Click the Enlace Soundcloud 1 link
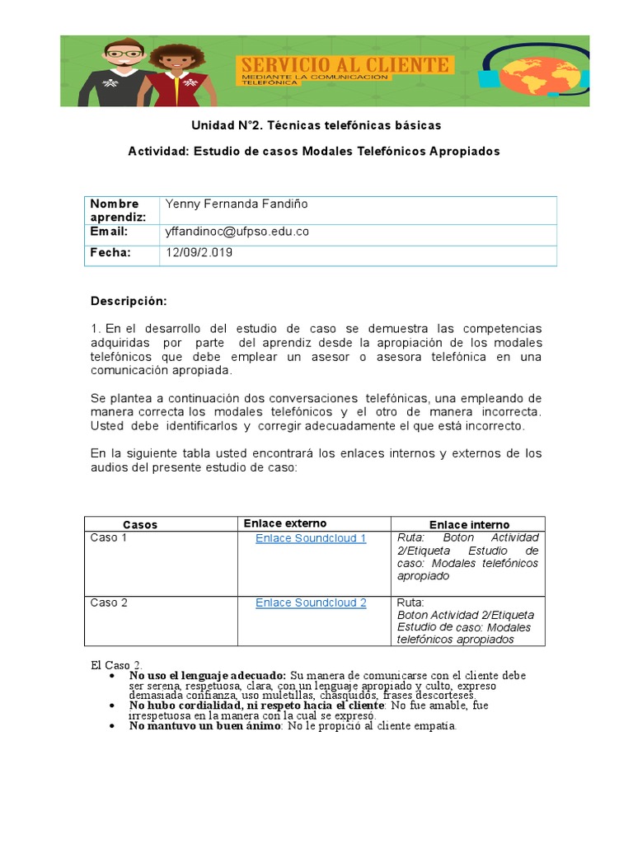(x=311, y=538)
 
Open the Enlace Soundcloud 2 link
(x=311, y=603)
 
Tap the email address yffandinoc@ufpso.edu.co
(x=237, y=232)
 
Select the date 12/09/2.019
(x=199, y=253)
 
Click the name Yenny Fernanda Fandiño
(x=237, y=204)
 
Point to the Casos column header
(x=140, y=524)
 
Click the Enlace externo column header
(x=285, y=523)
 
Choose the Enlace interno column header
(x=469, y=524)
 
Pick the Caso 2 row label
(x=109, y=603)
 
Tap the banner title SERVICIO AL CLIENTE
(x=344, y=65)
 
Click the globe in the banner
(x=541, y=73)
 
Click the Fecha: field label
(x=110, y=253)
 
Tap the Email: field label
(x=110, y=232)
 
